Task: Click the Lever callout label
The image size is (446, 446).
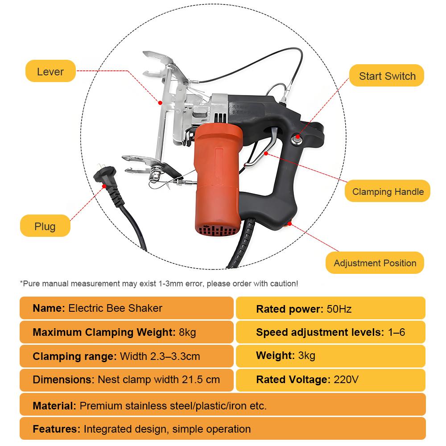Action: [x=50, y=71]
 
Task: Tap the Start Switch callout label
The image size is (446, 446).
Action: [x=387, y=76]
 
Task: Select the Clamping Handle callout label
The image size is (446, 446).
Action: [x=388, y=192]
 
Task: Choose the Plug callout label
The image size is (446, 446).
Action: [x=45, y=226]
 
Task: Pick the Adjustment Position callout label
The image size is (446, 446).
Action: [x=375, y=263]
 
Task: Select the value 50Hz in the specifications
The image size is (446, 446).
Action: [x=339, y=309]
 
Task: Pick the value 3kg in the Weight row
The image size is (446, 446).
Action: [x=306, y=356]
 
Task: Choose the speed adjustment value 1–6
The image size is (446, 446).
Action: [x=396, y=332]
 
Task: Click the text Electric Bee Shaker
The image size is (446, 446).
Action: [x=115, y=308]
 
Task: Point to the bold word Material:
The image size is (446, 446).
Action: [x=54, y=406]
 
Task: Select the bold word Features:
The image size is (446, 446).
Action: [x=56, y=429]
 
